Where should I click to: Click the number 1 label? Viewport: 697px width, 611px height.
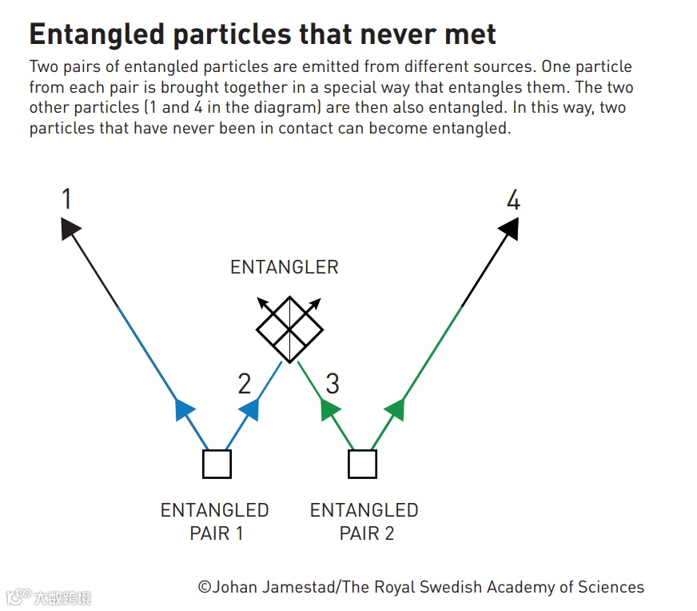67,199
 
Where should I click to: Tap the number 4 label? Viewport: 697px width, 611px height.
513,199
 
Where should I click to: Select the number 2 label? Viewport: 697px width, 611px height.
245,384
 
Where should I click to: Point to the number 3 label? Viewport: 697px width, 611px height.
332,384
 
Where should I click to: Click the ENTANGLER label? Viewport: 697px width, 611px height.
285,267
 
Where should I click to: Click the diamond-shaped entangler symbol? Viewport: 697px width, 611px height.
289,329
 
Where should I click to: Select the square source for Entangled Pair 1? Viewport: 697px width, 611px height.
217,464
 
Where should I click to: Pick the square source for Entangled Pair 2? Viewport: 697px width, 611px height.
363,464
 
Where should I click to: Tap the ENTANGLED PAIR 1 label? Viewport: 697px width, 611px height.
215,521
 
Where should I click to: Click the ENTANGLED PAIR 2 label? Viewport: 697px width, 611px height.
364,521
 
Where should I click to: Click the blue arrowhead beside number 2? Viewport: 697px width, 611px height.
249,409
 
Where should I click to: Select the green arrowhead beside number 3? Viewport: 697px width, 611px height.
329,409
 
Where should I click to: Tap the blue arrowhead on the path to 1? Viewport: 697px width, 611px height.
184,409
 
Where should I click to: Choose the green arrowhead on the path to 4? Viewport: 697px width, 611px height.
395,409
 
